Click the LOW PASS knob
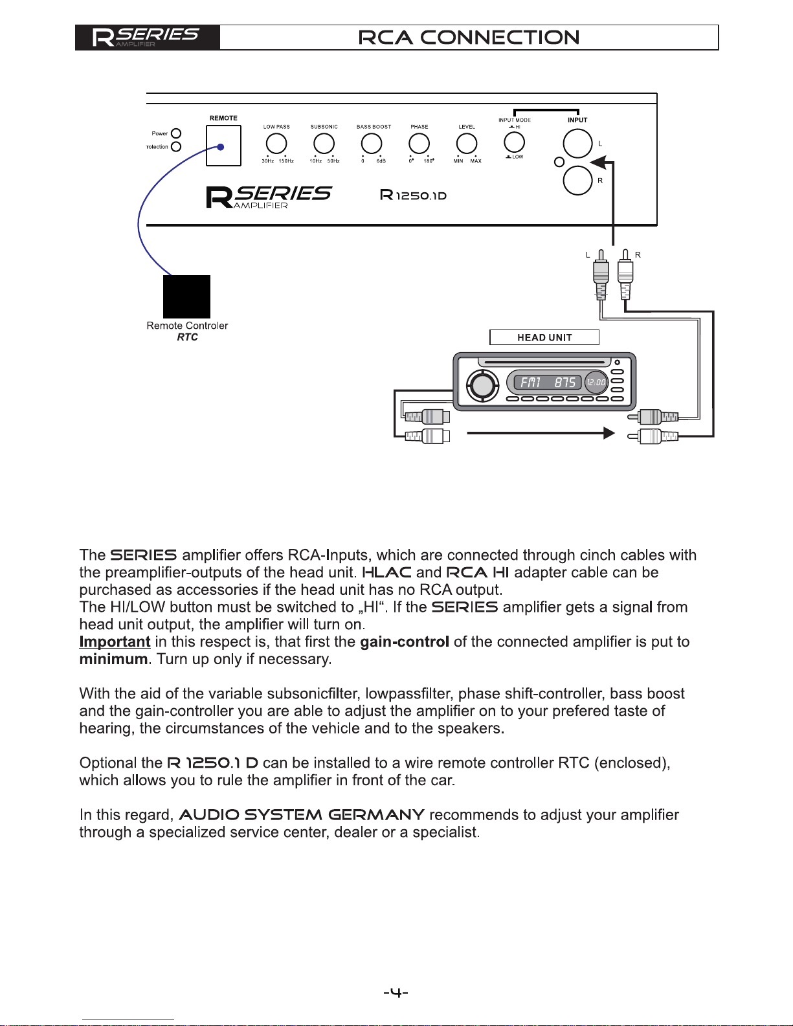click(x=276, y=144)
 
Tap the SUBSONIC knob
click(x=324, y=144)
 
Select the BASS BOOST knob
click(x=372, y=144)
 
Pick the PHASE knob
click(x=419, y=144)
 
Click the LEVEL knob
click(x=467, y=144)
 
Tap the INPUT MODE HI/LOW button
click(x=515, y=142)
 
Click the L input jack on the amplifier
click(x=577, y=144)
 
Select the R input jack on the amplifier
click(x=577, y=180)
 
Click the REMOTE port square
click(x=224, y=146)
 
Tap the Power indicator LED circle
click(x=176, y=134)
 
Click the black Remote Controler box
click(x=186, y=296)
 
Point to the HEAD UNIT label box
click(x=544, y=337)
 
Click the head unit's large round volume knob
click(x=482, y=385)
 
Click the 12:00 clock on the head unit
click(x=596, y=383)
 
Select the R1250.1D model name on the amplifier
click(x=413, y=195)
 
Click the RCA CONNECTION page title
click(x=469, y=38)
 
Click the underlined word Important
click(x=115, y=641)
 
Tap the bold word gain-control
click(x=405, y=641)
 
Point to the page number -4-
click(x=396, y=992)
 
